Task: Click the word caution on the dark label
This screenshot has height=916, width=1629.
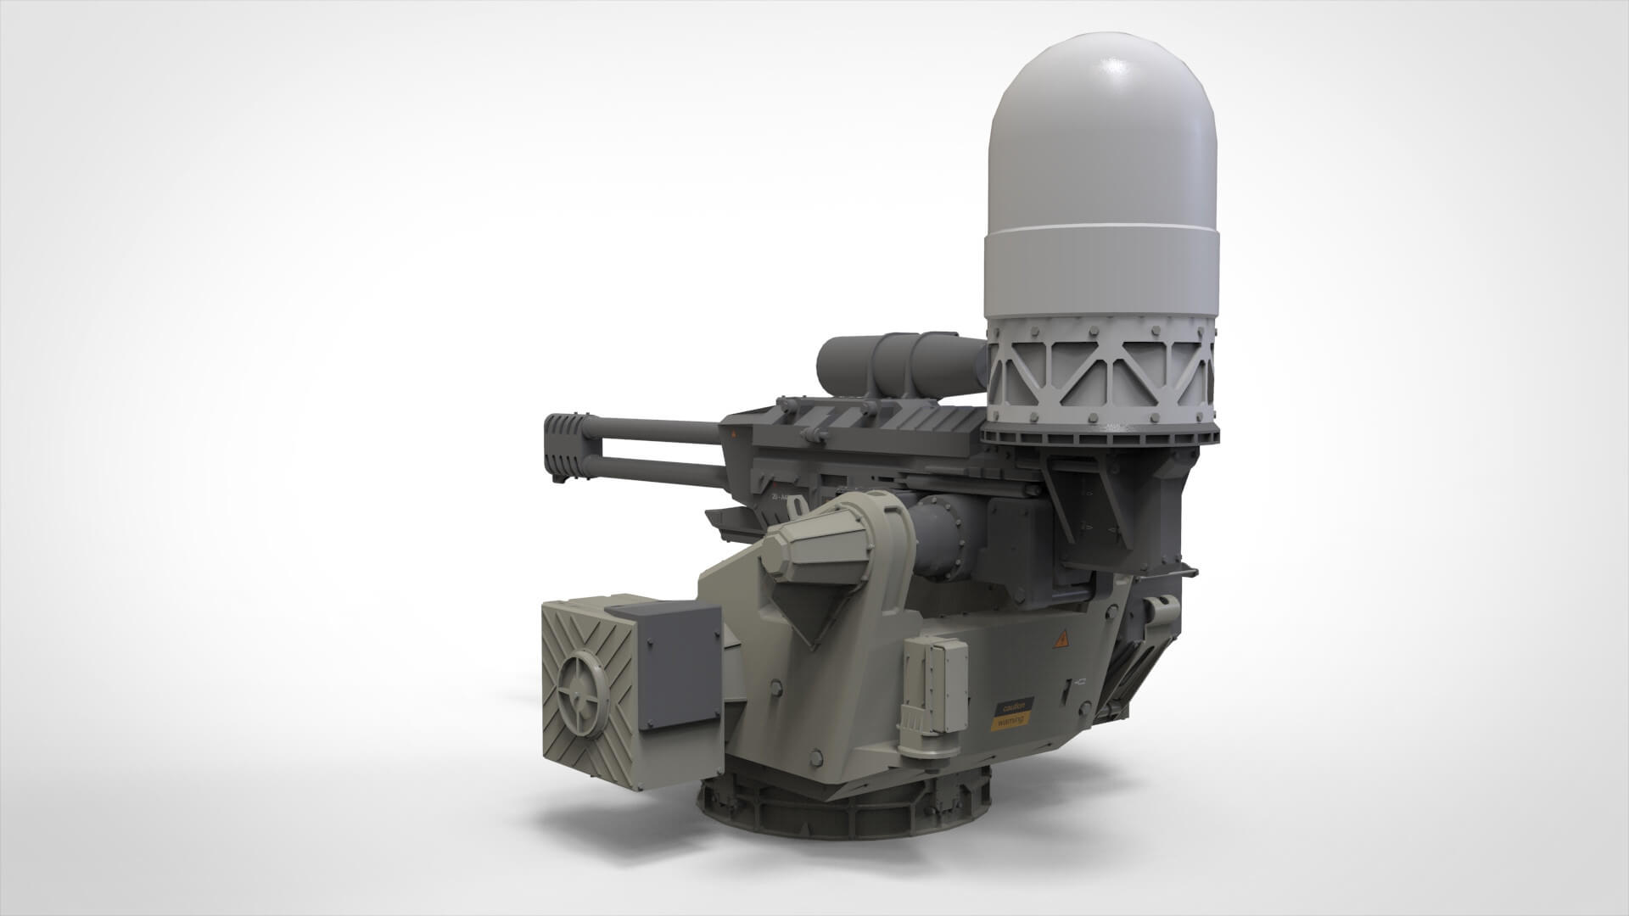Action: pyautogui.click(x=1015, y=706)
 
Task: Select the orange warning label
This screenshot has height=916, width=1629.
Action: pyautogui.click(x=1011, y=720)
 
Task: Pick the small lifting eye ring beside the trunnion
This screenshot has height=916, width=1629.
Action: pyautogui.click(x=797, y=506)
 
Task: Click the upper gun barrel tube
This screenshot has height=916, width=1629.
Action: pyautogui.click(x=653, y=430)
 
